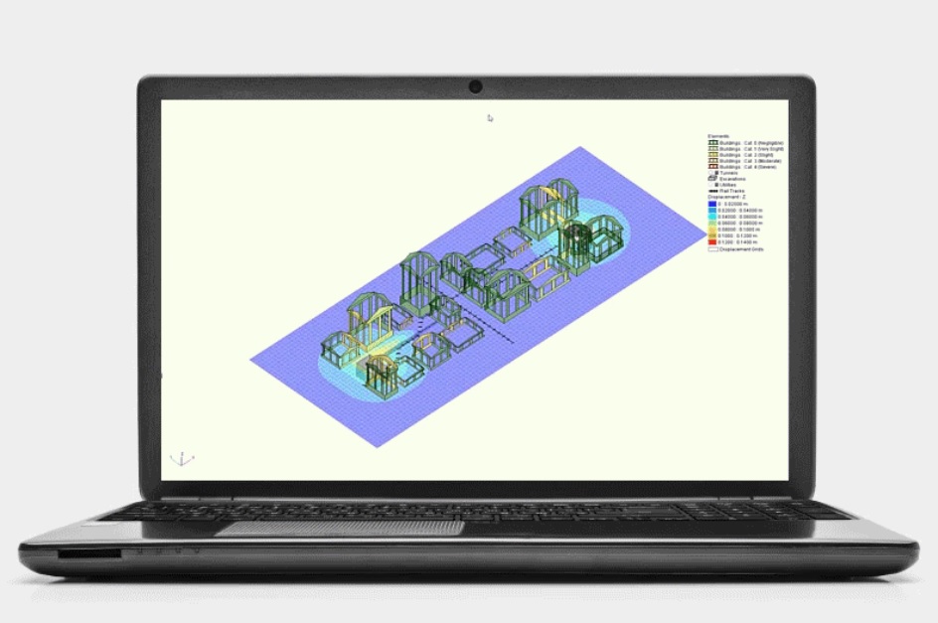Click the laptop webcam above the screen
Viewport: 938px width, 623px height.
pos(476,87)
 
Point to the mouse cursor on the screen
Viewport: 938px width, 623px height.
pos(490,118)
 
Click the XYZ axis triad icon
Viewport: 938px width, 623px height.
pos(182,459)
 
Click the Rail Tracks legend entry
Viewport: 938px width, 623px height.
pos(730,191)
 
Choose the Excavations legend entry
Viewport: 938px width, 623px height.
pos(730,178)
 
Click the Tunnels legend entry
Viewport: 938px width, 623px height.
pos(730,172)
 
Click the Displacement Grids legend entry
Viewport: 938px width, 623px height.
pos(735,249)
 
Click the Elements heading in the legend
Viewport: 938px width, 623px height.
pos(718,135)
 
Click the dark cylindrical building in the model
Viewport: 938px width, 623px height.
pos(576,239)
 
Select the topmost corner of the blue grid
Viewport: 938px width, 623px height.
pos(577,148)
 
